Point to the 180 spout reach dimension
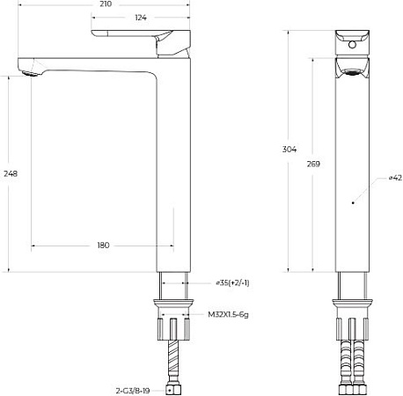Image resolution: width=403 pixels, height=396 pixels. click(103, 245)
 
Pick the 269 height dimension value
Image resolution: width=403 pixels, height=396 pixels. click(314, 164)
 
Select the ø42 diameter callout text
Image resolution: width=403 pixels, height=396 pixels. click(395, 178)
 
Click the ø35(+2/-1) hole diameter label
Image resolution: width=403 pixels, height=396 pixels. click(233, 283)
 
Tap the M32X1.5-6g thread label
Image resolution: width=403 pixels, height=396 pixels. click(227, 313)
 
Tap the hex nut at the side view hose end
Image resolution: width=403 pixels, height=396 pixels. click(174, 386)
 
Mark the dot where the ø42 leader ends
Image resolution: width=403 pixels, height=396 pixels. click(352, 203)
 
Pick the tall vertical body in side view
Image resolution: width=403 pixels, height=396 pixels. click(174, 167)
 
